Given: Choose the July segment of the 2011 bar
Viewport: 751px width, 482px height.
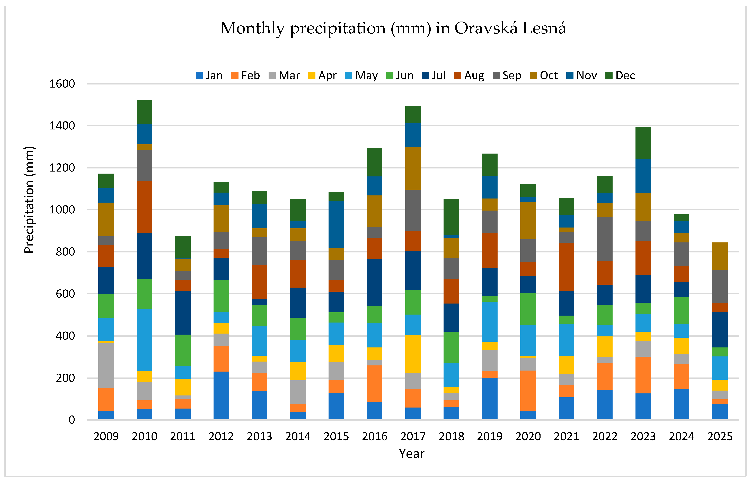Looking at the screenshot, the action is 183,313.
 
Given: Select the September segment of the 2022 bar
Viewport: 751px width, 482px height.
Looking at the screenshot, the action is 605,239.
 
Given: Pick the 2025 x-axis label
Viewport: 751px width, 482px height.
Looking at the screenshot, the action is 720,436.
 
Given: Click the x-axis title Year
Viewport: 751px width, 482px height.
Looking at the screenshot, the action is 412,453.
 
